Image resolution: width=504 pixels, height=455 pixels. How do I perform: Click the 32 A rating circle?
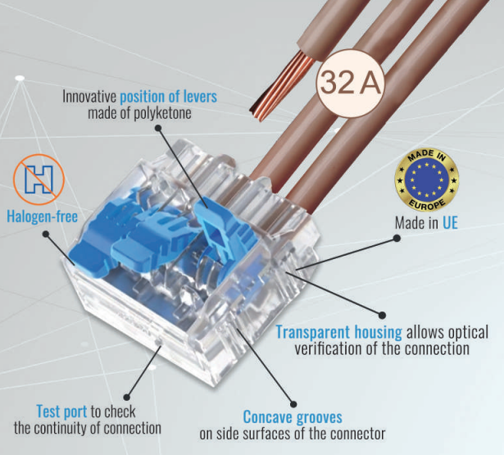[x=351, y=83]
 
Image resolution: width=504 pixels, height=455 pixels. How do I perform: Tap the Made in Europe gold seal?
[x=426, y=180]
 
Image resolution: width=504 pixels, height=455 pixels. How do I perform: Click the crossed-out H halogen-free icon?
[x=39, y=180]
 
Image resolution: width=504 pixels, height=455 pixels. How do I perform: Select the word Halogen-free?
[x=42, y=216]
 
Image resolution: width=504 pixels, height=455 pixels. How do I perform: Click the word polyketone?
[x=162, y=113]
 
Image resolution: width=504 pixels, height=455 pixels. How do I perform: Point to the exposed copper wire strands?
[x=281, y=86]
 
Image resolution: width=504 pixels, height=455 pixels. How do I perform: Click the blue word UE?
[x=450, y=223]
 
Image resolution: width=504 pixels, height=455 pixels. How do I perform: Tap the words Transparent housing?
[x=338, y=333]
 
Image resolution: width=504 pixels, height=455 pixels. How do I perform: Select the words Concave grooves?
[x=293, y=417]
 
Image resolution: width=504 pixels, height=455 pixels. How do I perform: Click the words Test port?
[x=61, y=412]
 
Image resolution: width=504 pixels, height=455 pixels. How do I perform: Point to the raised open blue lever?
[x=225, y=230]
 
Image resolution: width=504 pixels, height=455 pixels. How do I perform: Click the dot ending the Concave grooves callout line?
[x=293, y=404]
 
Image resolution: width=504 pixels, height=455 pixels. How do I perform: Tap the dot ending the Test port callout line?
[x=127, y=398]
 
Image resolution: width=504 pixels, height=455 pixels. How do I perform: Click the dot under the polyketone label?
[x=158, y=128]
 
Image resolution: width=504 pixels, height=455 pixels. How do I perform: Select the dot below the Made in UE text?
[x=397, y=238]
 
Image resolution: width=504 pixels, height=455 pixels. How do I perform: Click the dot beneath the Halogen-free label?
[x=46, y=234]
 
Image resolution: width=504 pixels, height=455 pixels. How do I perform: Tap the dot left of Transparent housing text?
[x=382, y=316]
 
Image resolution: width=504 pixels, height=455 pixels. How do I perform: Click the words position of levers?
[x=169, y=97]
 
